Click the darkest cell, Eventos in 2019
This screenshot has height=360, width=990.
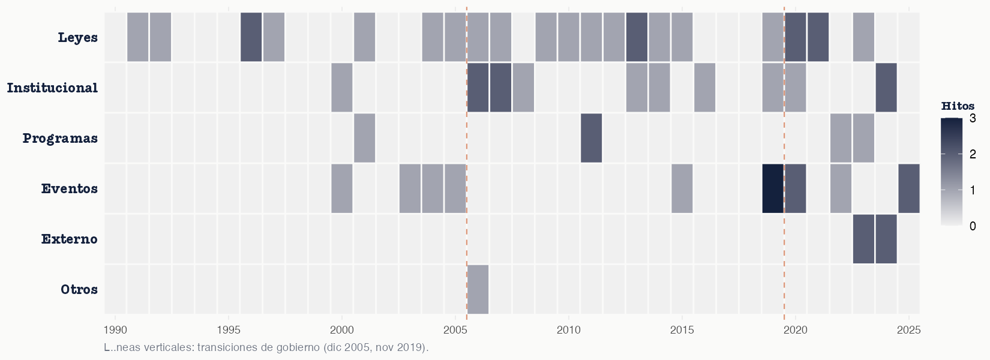click(773, 188)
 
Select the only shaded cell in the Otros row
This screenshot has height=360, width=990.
click(478, 289)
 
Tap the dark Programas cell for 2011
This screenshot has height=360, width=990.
click(591, 138)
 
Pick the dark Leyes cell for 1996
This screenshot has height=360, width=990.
click(251, 37)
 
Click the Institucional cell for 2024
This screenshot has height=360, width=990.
click(886, 88)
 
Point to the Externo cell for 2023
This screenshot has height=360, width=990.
click(863, 239)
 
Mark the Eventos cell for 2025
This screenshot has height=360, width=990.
click(908, 188)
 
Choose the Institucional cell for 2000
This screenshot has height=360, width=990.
click(341, 88)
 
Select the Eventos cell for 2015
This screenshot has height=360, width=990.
click(682, 188)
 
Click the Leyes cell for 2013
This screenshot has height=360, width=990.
click(637, 37)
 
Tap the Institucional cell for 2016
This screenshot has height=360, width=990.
click(704, 88)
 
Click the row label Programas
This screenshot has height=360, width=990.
click(60, 139)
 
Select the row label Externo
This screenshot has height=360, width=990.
click(69, 239)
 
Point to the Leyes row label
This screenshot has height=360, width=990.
click(77, 38)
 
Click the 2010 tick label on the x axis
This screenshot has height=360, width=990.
click(568, 330)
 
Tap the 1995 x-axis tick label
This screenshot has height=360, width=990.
click(228, 330)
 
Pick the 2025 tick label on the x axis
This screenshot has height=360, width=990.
click(908, 330)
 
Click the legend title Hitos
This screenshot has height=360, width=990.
click(958, 106)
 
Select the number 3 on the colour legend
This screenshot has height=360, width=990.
click(972, 119)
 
